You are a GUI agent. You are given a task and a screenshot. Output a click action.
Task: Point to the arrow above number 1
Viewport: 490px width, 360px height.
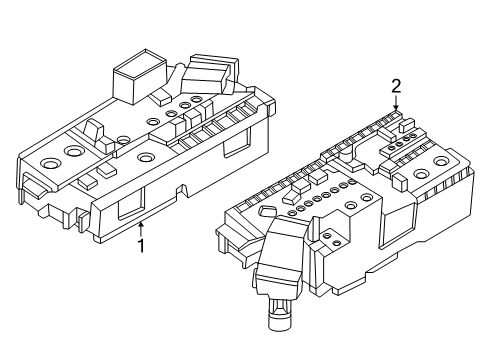pos(141,227)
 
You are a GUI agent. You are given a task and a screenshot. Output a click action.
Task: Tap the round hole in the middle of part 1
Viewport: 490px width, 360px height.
pos(146,157)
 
